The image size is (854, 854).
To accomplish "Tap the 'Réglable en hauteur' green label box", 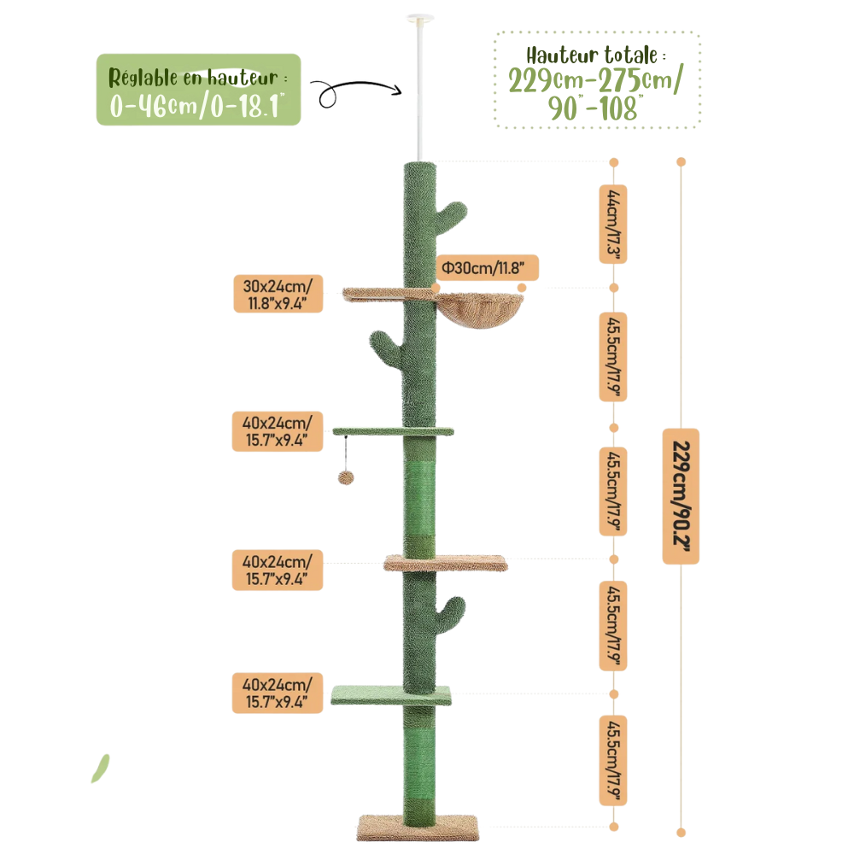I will coord(198,90).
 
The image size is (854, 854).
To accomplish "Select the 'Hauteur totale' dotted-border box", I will coord(597,80).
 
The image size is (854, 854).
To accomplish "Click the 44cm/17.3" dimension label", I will coord(612,224).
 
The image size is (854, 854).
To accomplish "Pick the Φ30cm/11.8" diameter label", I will coord(488,267).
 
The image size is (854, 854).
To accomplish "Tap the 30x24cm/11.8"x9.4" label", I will coord(278,294).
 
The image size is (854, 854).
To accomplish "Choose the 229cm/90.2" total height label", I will coord(681,496).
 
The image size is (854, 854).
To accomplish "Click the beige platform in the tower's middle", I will coord(446,563).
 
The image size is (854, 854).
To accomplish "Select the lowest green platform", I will coord(391,695).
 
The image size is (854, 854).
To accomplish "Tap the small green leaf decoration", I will coord(100,768).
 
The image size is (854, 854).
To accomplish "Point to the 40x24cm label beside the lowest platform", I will coord(278,693).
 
